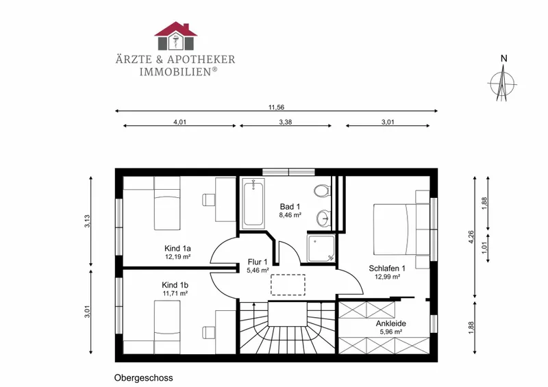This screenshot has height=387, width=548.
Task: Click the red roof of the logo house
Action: pos(176,29)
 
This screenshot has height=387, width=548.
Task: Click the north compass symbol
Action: pos(503,83)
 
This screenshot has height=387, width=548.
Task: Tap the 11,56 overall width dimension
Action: pos(276,108)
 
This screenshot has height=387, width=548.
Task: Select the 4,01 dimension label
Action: pos(179,122)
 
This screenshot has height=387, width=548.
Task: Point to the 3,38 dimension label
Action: pos(286,122)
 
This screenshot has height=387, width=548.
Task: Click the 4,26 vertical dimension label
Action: pos(471,237)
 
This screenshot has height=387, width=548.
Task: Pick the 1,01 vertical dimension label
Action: pos(484,247)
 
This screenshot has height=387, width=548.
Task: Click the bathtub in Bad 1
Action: pos(253,203)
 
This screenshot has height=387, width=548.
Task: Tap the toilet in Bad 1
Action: pos(321,191)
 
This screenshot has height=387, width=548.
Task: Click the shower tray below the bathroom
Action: pos(321,248)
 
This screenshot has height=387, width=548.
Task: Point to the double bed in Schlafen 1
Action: pos(401,229)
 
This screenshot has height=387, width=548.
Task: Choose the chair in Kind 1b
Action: pos(209,332)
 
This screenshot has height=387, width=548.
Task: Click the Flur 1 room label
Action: pos(258,262)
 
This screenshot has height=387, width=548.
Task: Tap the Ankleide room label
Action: pos(391,323)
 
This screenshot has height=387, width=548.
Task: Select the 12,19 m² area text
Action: pos(178,257)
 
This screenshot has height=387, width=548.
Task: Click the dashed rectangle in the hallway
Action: pos(288,285)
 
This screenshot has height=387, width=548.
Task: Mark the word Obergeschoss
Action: pos(144,378)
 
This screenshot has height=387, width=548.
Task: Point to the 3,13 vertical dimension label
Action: pos(88,221)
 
